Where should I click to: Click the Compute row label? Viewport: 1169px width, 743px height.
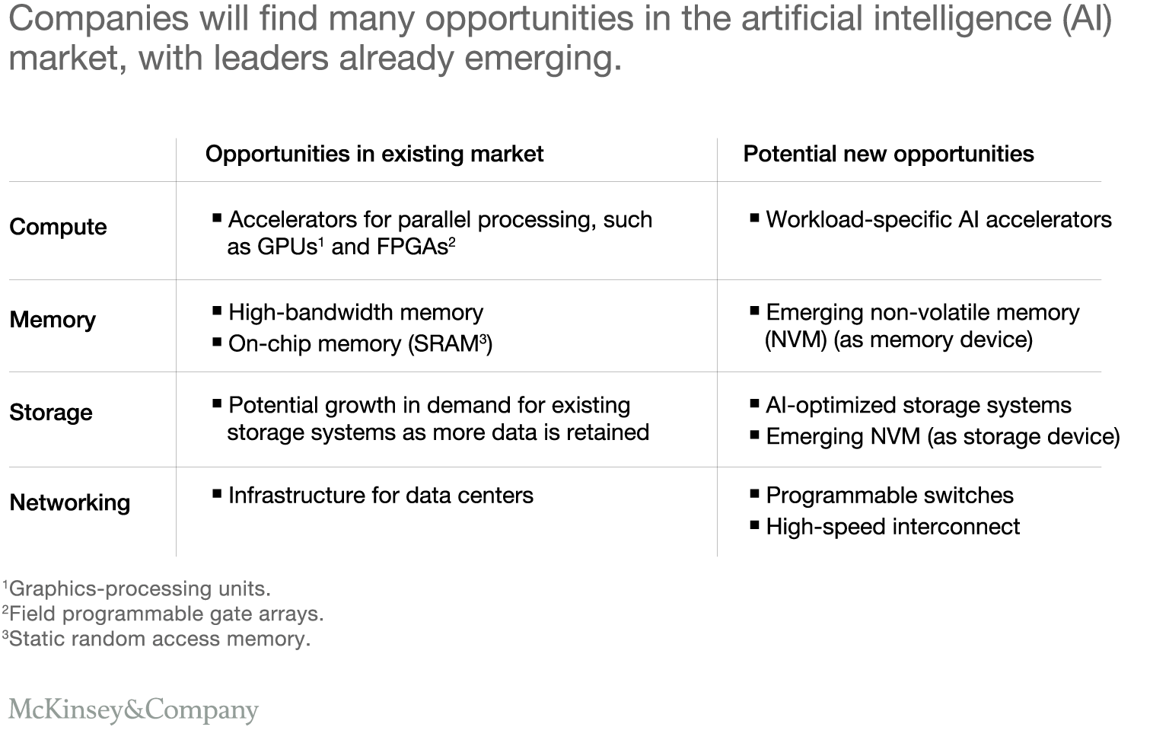58,227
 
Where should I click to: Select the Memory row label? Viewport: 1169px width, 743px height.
53,320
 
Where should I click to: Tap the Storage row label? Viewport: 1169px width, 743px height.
51,413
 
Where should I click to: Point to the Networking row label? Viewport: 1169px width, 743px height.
70,502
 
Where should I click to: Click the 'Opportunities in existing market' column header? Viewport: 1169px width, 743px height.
374,154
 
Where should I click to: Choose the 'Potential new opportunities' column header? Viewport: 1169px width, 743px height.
888,154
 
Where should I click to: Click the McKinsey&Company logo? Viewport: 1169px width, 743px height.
133,710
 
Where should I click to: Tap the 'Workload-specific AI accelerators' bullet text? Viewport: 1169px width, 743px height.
938,220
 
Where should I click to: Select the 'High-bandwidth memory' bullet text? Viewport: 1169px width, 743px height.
355,313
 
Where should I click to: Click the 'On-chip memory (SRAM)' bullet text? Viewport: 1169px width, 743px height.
360,344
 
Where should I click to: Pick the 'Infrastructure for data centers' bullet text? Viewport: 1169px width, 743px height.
381,496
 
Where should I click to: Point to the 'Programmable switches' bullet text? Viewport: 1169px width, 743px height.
890,496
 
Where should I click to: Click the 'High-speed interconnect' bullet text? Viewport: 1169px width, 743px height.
893,527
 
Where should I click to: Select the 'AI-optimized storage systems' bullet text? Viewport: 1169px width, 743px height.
919,406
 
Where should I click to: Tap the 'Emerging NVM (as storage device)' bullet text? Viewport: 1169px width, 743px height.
943,437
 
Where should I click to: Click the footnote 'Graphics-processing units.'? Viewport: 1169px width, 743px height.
139,589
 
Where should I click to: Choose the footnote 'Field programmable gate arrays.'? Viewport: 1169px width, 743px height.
165,614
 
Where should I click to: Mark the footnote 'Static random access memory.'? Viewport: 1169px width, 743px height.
158,639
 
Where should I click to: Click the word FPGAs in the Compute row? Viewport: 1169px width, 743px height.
412,247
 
